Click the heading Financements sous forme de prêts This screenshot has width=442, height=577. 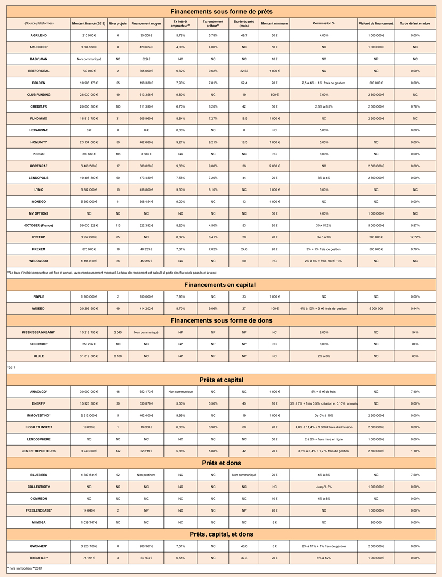221,11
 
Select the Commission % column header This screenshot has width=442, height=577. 324,23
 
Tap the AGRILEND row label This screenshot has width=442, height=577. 39,35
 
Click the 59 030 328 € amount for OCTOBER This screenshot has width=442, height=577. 88,226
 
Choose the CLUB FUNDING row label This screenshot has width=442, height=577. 39,95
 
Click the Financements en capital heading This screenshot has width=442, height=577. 221,285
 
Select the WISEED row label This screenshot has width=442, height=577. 39,308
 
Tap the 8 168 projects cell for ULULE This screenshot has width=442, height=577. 118,356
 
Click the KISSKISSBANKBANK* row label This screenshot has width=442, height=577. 39,332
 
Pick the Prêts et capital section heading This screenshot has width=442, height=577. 221,380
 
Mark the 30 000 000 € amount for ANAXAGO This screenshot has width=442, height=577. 88,392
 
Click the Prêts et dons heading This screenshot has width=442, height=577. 221,463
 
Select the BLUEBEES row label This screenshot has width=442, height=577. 39,475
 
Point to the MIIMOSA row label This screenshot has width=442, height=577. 39,522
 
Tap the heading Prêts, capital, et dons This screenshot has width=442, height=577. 221,534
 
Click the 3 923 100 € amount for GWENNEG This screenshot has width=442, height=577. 88,546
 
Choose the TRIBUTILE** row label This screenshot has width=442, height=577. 39,557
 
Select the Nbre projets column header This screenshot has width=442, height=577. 118,23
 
